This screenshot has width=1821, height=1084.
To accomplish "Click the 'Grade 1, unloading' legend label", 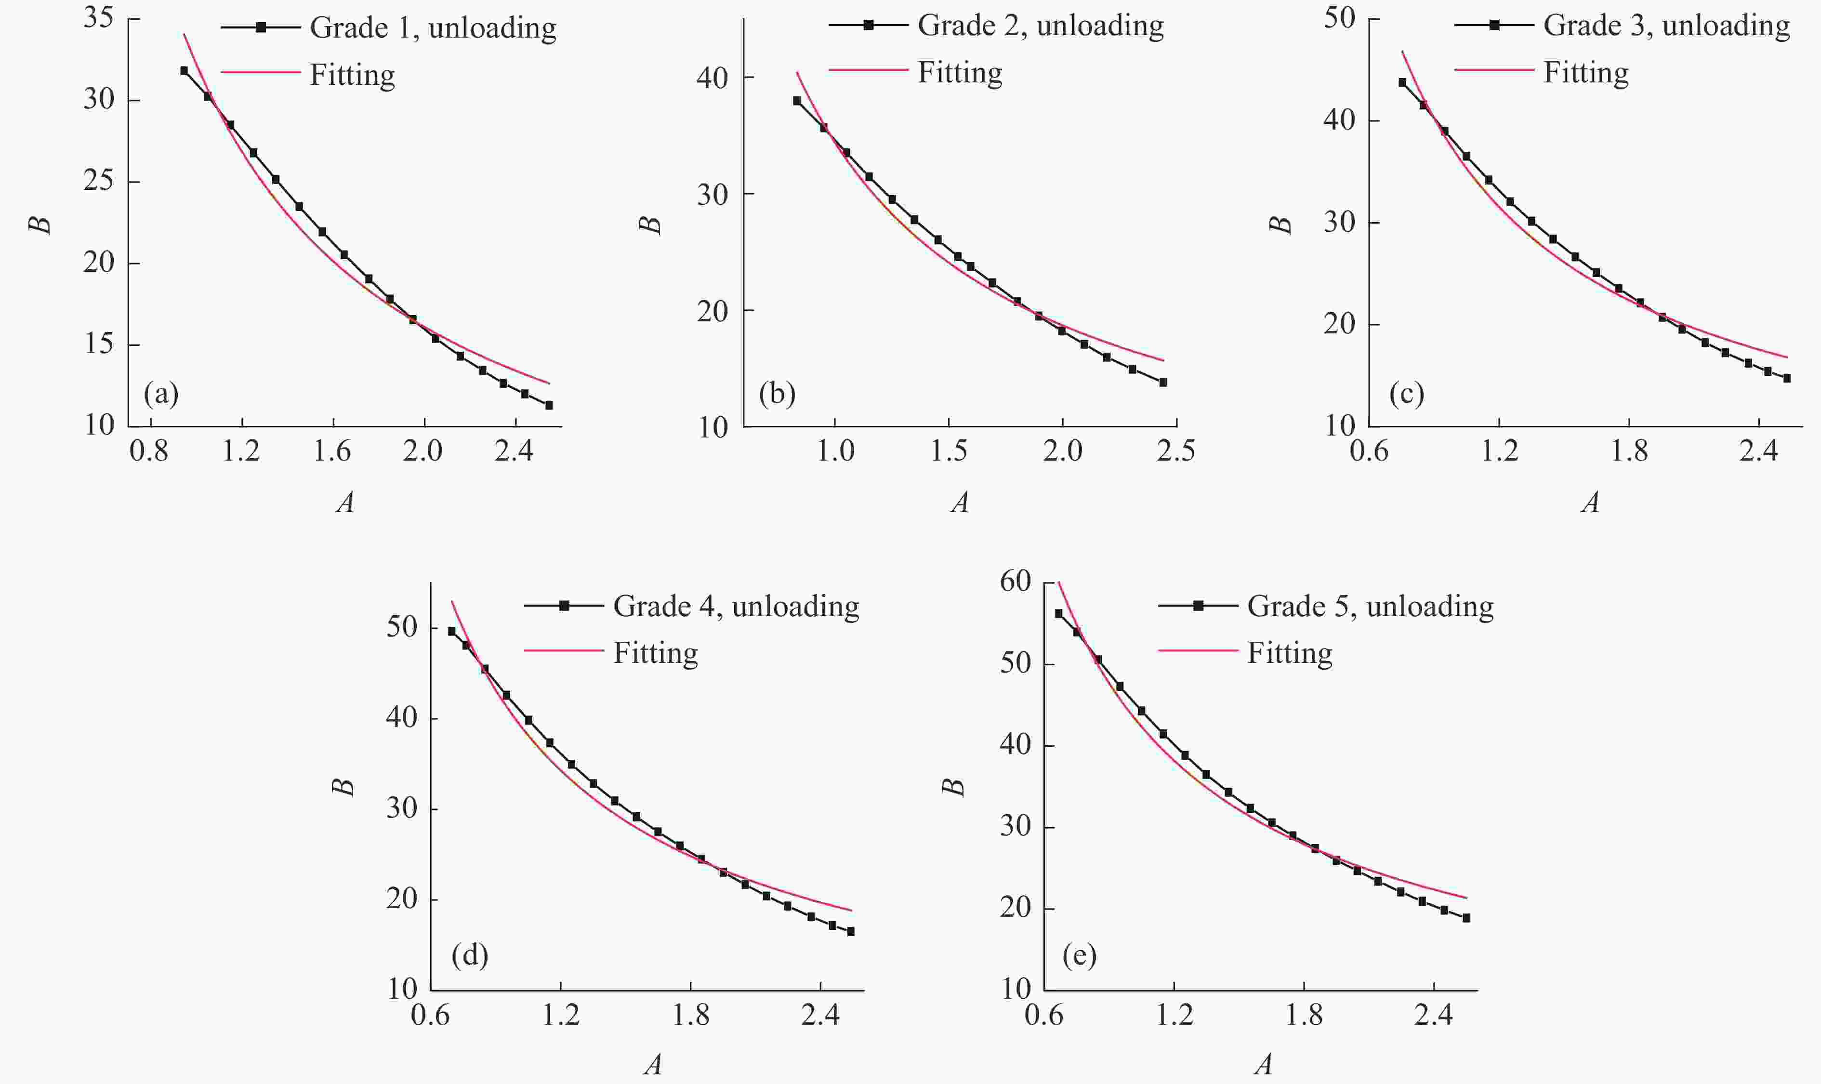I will click(433, 28).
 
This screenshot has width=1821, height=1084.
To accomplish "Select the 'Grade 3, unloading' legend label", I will click(1666, 26).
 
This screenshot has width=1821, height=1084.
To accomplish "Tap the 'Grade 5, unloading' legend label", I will click(1370, 606).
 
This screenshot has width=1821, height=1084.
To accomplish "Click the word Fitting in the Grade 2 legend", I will click(960, 72).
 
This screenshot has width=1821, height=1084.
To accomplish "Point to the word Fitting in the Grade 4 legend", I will click(655, 653).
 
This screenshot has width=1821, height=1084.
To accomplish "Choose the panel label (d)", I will click(470, 955).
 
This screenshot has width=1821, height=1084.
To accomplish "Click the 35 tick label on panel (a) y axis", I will click(99, 17).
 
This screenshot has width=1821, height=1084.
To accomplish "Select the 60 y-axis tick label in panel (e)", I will click(1016, 582).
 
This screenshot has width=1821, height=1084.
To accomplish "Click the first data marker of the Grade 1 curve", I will click(184, 71).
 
